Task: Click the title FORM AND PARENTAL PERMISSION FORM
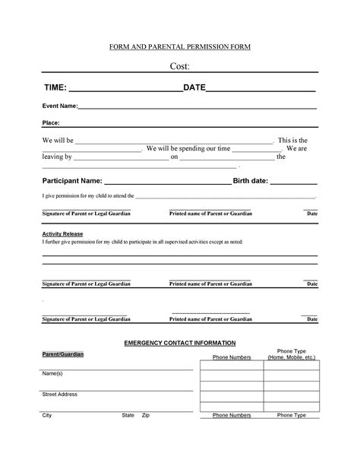pyautogui.click(x=179, y=47)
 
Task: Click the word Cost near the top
pyautogui.click(x=179, y=66)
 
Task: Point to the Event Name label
pyautogui.click(x=59, y=106)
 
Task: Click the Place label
pyautogui.click(x=51, y=122)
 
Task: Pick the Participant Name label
pyautogui.click(x=71, y=181)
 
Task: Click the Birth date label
pyautogui.click(x=250, y=181)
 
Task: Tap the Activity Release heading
pyautogui.click(x=62, y=233)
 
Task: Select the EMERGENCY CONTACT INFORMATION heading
pyautogui.click(x=179, y=344)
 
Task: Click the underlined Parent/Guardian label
pyautogui.click(x=62, y=355)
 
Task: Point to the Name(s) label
pyautogui.click(x=52, y=374)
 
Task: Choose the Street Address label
pyautogui.click(x=59, y=395)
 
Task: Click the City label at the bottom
pyautogui.click(x=46, y=416)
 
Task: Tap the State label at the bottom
pyautogui.click(x=128, y=416)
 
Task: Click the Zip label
pyautogui.click(x=146, y=416)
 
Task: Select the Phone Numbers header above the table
pyautogui.click(x=232, y=357)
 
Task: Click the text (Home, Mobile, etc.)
pyautogui.click(x=291, y=357)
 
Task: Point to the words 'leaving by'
pyautogui.click(x=56, y=157)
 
